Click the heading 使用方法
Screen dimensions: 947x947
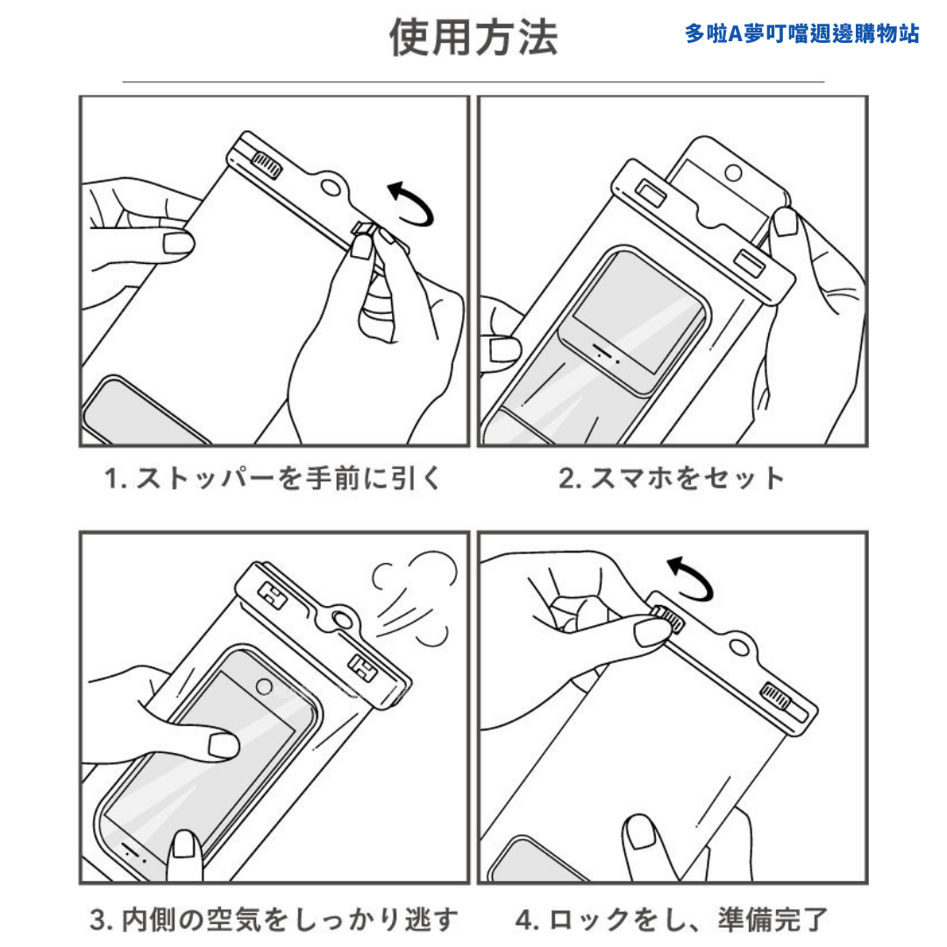point(473,38)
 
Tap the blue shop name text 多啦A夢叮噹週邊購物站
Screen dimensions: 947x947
point(801,34)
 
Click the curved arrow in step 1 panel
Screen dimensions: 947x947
point(411,203)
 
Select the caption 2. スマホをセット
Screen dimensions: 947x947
point(672,478)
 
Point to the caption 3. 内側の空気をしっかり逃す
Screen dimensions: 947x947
point(274,920)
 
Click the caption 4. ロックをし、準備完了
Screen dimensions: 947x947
point(672,920)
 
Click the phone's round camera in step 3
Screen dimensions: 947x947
point(261,685)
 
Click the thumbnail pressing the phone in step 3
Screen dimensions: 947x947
point(224,745)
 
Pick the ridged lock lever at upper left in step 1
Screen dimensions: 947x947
point(267,164)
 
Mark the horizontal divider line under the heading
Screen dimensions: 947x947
point(473,82)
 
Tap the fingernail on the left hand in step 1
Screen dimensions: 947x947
point(179,243)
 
